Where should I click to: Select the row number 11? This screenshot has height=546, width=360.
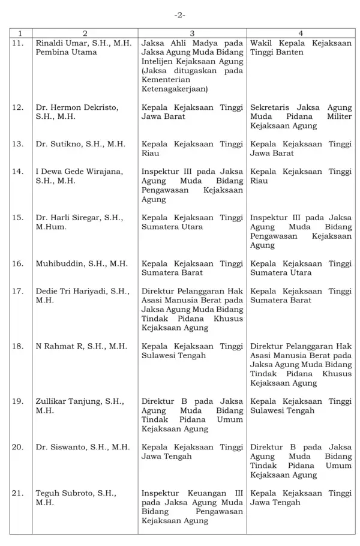pos(18,43)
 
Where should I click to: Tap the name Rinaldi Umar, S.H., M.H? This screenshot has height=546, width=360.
pos(83,43)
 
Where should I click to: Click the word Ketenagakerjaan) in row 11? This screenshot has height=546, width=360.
pos(175,89)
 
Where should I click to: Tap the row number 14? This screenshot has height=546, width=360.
pos(18,172)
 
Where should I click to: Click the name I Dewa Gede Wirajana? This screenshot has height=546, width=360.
pos(79,172)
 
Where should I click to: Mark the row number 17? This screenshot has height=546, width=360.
pos(18,291)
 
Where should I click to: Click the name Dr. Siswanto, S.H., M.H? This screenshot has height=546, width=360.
pos(83,447)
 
